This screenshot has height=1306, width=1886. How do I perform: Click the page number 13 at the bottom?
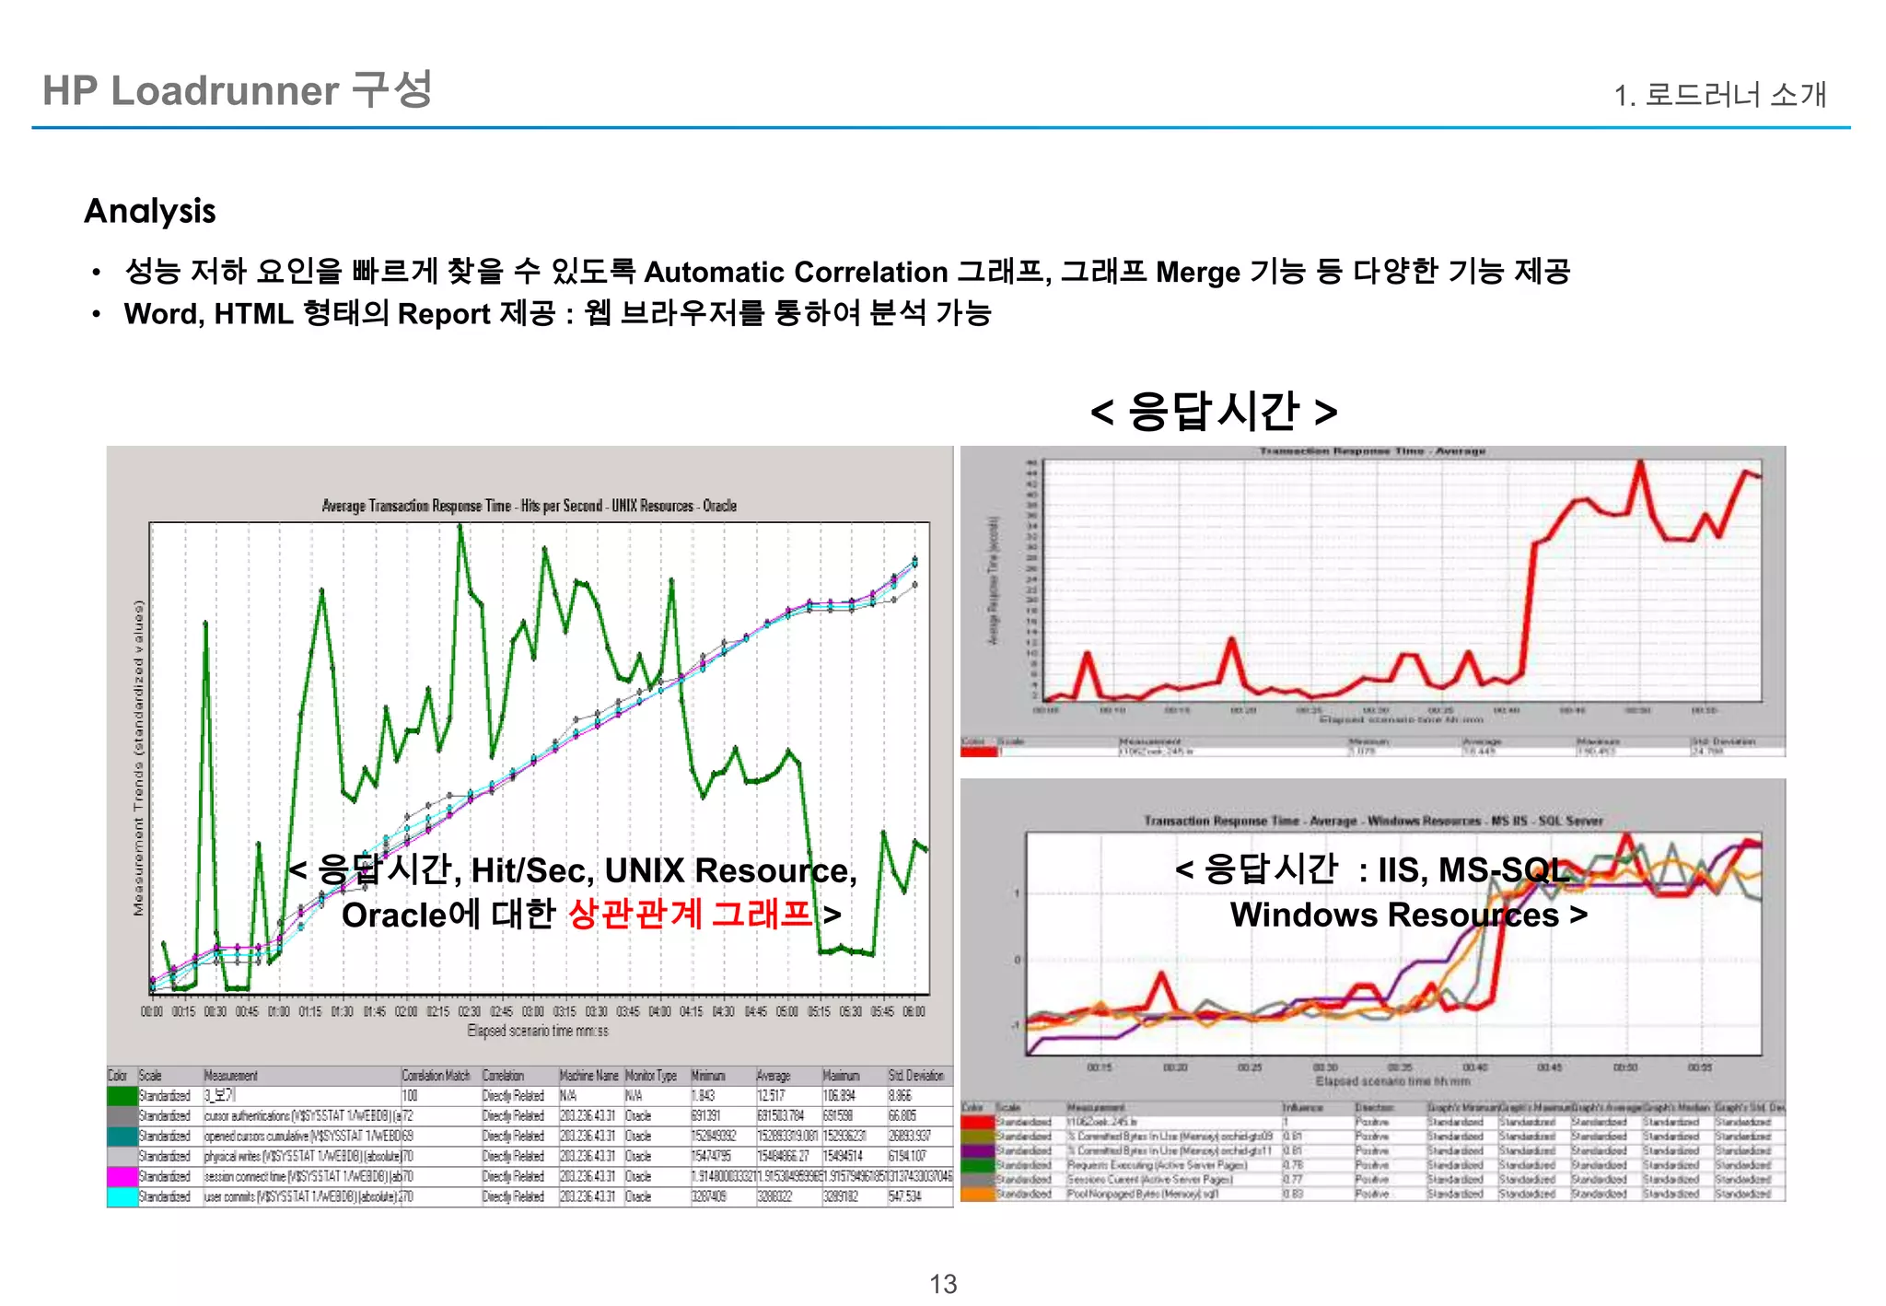(943, 1284)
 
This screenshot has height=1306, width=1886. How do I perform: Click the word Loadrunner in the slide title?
(225, 91)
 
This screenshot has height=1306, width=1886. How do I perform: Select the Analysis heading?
(150, 211)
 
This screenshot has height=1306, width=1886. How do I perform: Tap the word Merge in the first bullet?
(1197, 273)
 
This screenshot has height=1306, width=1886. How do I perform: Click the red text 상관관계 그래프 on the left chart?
(691, 915)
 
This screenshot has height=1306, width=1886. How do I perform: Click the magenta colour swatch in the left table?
(122, 1177)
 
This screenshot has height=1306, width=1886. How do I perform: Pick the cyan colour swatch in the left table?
(122, 1197)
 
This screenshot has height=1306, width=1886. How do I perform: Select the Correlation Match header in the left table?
(436, 1076)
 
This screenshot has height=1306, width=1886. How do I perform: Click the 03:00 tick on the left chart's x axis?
(533, 1012)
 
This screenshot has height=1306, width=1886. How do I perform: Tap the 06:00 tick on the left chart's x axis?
(914, 1012)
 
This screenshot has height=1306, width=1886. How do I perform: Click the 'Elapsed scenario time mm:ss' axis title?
(538, 1031)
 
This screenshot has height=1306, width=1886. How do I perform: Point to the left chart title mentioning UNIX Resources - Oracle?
(529, 506)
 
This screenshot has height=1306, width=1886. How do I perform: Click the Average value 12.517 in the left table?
(771, 1096)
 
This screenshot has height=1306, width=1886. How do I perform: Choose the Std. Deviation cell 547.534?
(904, 1197)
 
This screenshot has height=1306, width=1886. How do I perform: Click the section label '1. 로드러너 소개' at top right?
(1719, 95)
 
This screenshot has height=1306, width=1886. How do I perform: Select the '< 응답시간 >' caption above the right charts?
(1213, 411)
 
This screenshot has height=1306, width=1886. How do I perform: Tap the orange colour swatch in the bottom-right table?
(977, 1195)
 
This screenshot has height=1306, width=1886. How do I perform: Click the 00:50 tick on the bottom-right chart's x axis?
(1624, 1067)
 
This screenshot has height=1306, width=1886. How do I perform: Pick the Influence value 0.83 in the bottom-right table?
(1292, 1195)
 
